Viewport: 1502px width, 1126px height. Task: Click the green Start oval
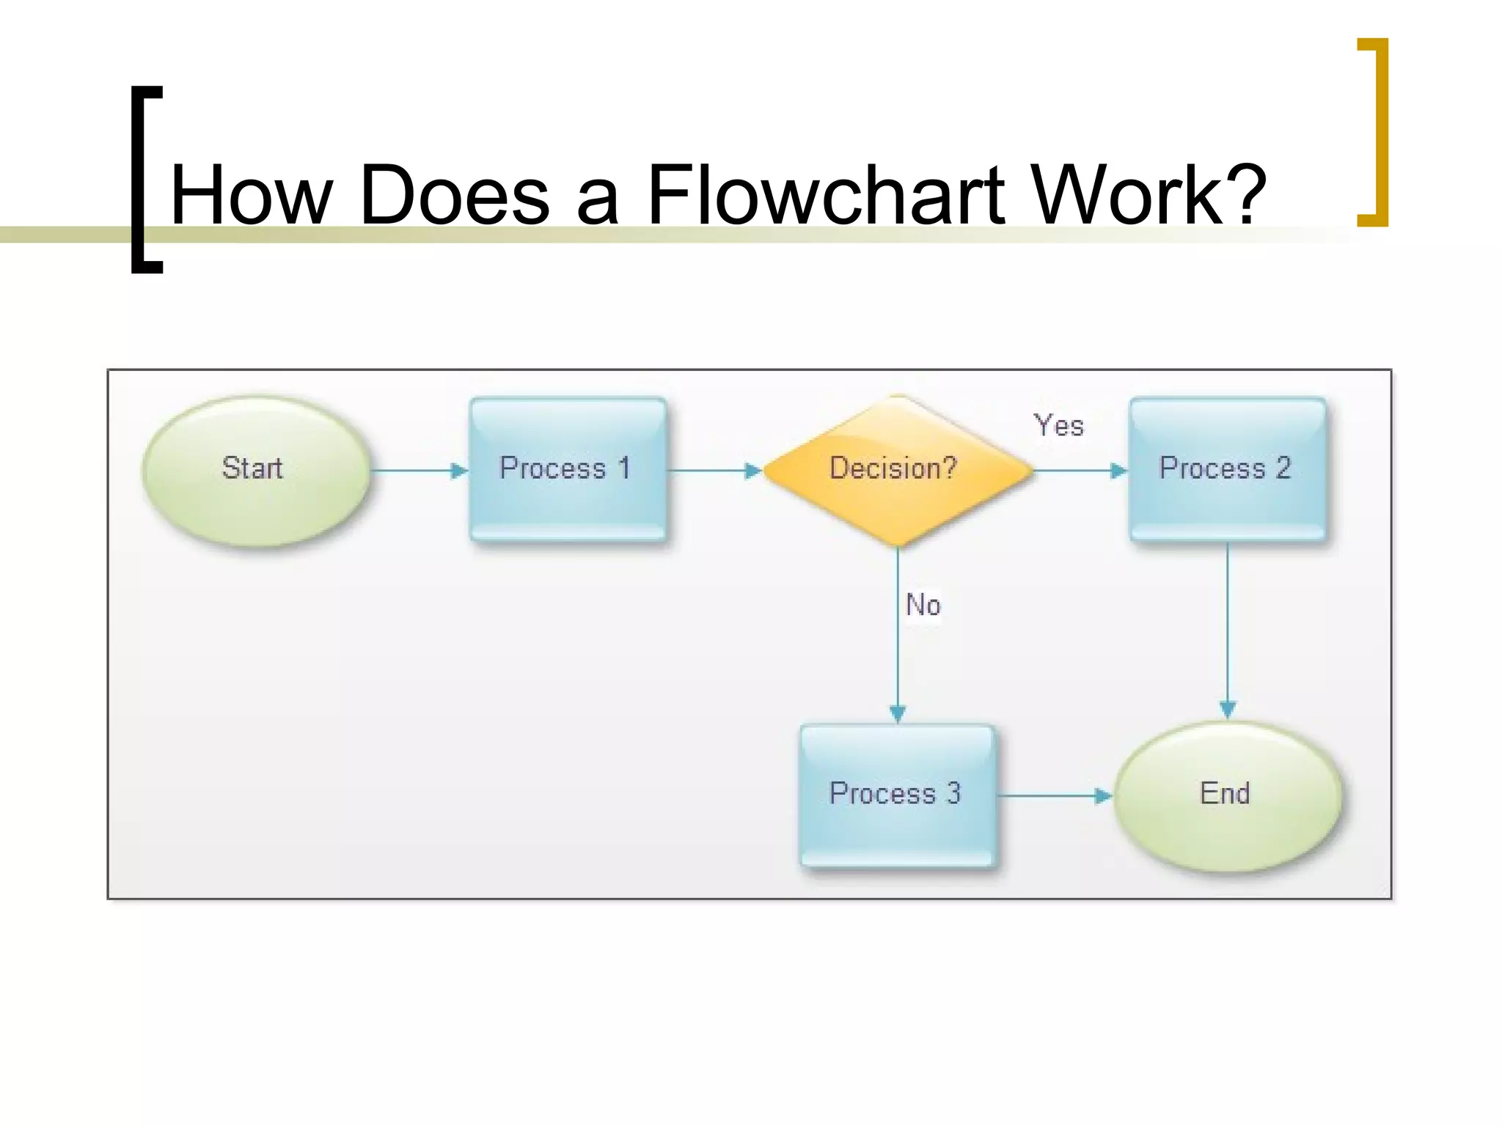pyautogui.click(x=256, y=471)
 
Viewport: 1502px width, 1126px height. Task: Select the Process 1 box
pyautogui.click(x=568, y=470)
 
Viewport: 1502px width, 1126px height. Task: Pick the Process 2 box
pyautogui.click(x=1227, y=470)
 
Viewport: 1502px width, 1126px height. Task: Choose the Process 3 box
pyautogui.click(x=897, y=795)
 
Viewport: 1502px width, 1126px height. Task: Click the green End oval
pyautogui.click(x=1227, y=796)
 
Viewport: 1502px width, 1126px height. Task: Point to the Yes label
pyautogui.click(x=1058, y=426)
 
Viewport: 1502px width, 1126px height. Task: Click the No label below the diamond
pyautogui.click(x=923, y=606)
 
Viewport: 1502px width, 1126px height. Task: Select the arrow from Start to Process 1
pyautogui.click(x=418, y=471)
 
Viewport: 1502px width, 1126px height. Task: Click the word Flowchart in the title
pyautogui.click(x=826, y=194)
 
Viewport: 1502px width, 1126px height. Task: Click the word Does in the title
pyautogui.click(x=455, y=194)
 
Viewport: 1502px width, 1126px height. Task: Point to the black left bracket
pyautogui.click(x=142, y=180)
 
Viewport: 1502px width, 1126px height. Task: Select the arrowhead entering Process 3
pyautogui.click(x=898, y=713)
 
